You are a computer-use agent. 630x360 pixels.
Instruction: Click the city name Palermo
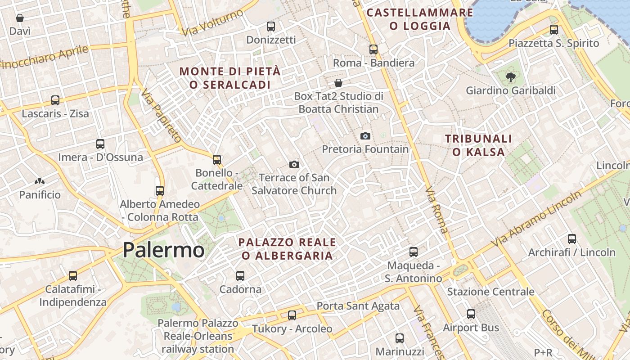(x=163, y=250)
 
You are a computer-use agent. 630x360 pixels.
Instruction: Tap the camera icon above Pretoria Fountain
(x=365, y=136)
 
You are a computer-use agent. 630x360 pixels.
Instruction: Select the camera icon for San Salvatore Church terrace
(x=294, y=164)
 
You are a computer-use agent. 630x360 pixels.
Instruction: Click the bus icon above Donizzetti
(x=270, y=27)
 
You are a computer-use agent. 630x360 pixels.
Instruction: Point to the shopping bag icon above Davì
(x=20, y=18)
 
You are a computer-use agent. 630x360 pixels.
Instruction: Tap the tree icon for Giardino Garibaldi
(x=510, y=77)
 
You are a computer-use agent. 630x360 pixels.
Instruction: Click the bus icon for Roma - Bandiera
(x=373, y=49)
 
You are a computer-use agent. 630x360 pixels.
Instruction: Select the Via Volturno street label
(x=212, y=23)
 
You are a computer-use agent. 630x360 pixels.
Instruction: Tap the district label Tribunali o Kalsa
(x=479, y=145)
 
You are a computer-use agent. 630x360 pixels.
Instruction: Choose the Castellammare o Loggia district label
(x=420, y=19)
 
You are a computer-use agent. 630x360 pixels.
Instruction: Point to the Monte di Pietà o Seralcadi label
(x=230, y=78)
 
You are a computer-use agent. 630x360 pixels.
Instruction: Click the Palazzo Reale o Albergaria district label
(x=287, y=249)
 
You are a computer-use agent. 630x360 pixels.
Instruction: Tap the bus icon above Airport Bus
(x=471, y=314)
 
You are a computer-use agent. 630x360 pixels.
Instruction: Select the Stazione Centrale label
(x=490, y=292)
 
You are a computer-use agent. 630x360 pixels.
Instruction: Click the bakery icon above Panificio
(x=40, y=182)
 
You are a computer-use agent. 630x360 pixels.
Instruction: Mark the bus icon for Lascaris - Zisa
(x=55, y=100)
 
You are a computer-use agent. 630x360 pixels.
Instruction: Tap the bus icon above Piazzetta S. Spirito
(x=554, y=30)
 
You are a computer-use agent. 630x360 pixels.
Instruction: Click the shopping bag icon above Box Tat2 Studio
(x=338, y=83)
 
